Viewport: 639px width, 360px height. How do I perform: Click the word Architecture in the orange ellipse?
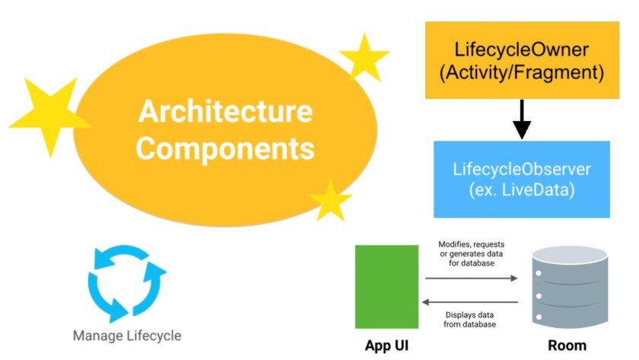224,112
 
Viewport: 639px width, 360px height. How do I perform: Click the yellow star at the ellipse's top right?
365,57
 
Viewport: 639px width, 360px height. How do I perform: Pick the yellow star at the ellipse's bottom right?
331,200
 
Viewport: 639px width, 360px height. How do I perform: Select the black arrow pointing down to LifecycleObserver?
521,119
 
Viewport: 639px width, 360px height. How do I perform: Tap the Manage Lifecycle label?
127,335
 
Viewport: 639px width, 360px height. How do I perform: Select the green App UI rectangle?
386,286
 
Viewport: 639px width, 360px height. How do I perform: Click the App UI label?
386,345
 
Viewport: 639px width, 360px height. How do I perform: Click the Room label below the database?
567,345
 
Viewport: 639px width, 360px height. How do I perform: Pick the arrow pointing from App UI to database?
471,279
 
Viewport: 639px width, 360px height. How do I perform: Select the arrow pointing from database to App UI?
471,301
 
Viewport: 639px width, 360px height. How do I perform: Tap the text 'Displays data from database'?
471,319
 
